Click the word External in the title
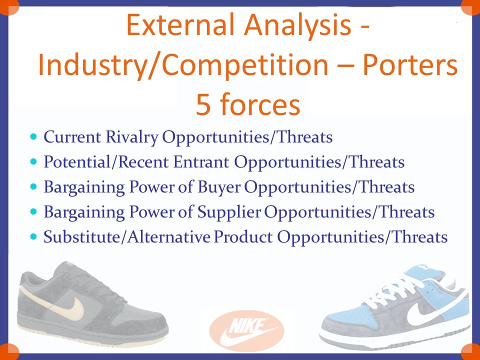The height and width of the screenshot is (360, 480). [180, 25]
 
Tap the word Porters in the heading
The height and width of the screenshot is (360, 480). [410, 65]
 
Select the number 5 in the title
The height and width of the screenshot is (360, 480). [203, 104]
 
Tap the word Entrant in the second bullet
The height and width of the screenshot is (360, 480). [201, 162]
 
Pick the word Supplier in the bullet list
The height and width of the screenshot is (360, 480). [229, 212]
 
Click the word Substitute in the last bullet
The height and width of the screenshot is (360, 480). [81, 237]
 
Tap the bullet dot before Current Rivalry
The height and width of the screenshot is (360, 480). [33, 136]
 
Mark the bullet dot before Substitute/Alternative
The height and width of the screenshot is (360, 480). [33, 236]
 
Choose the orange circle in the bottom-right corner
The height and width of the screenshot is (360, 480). [471, 352]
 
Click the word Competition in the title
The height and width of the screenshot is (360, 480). [245, 65]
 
